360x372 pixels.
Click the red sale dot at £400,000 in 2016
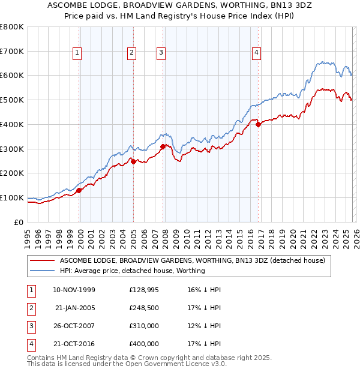(259, 124)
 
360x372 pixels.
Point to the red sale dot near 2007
(163, 146)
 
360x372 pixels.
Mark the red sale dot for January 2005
(133, 161)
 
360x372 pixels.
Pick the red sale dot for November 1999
(79, 190)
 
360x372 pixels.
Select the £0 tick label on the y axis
(19, 222)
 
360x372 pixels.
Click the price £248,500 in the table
(144, 308)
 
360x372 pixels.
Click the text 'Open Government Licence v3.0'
(174, 364)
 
